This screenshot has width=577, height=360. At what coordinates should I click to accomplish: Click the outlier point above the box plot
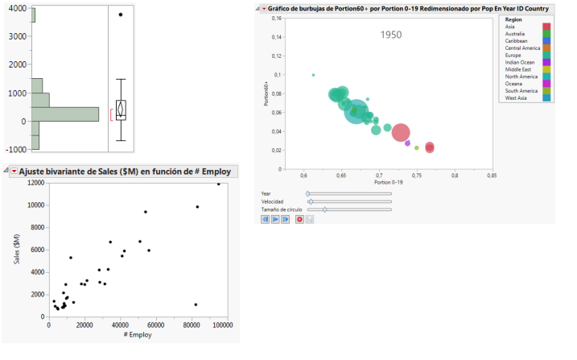[x=121, y=14]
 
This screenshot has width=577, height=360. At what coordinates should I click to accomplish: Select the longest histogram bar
[x=64, y=114]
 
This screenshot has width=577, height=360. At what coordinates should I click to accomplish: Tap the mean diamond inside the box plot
[x=121, y=110]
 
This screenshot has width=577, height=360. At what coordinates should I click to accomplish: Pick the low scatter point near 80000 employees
[x=196, y=304]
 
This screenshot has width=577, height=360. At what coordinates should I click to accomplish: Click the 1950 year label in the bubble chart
[x=390, y=35]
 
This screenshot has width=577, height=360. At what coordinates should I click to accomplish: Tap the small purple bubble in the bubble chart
[x=407, y=143]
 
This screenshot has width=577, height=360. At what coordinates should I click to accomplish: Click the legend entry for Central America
[x=522, y=48]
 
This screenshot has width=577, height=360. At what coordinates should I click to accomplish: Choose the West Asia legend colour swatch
[x=547, y=97]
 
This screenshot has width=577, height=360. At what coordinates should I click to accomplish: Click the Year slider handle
[x=307, y=193]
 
